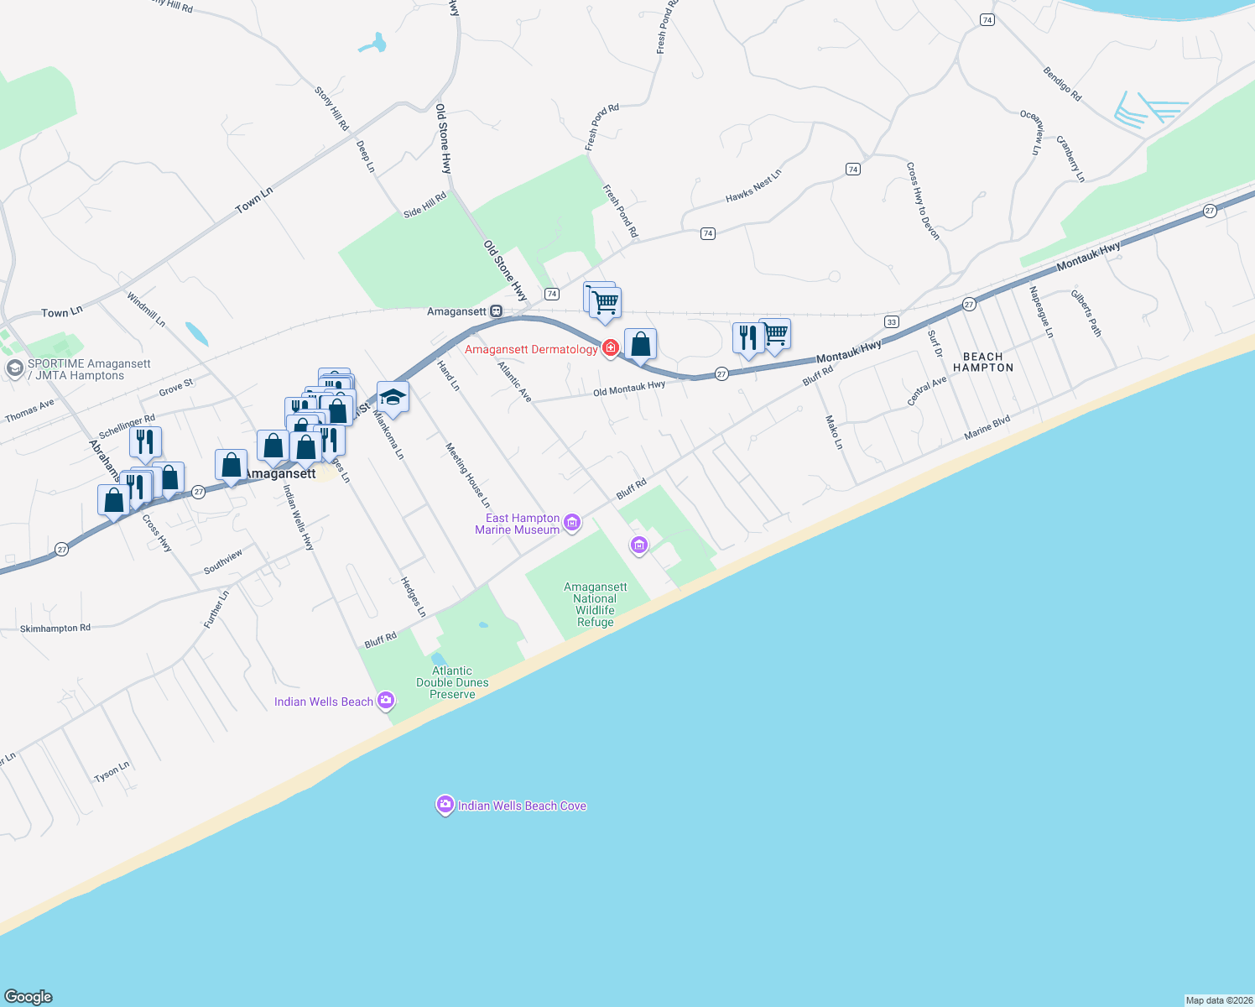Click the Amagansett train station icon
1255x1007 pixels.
[497, 311]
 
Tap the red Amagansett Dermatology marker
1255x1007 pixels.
[610, 348]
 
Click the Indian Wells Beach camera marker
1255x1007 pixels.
[386, 701]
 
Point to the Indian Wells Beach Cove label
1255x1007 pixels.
[522, 806]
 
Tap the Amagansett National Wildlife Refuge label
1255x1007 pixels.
[595, 604]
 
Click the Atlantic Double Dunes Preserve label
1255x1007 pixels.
[452, 682]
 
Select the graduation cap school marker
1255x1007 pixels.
[393, 397]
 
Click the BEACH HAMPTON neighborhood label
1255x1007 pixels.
[983, 363]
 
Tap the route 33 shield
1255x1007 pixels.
[891, 322]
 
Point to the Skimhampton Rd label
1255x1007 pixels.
[55, 628]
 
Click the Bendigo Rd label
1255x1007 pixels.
[1062, 85]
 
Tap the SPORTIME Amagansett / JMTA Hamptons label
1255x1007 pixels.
[88, 369]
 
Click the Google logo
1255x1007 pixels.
[29, 996]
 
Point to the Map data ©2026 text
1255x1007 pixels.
[1218, 1000]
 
